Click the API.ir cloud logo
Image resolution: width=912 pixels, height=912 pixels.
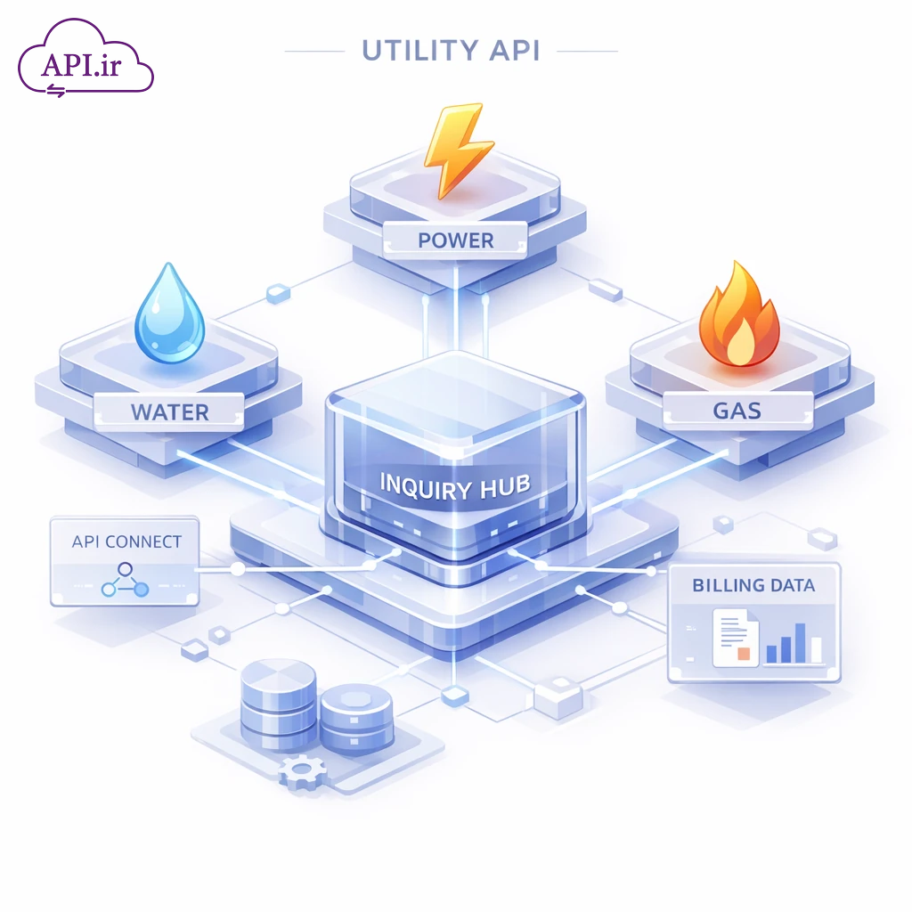pyautogui.click(x=85, y=61)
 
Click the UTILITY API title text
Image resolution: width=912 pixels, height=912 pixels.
pyautogui.click(x=451, y=51)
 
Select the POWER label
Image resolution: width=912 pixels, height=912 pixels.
pyautogui.click(x=455, y=240)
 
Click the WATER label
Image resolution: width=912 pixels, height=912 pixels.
pyautogui.click(x=169, y=412)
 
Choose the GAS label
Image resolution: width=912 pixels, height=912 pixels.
pyautogui.click(x=737, y=411)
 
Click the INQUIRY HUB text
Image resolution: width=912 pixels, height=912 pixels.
pyautogui.click(x=455, y=485)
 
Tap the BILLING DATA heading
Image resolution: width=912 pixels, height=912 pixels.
pyautogui.click(x=753, y=585)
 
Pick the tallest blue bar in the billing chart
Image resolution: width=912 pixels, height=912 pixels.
pyautogui.click(x=800, y=641)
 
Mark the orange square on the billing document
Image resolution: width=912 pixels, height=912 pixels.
pyautogui.click(x=744, y=654)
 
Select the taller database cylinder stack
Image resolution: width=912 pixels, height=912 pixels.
pyautogui.click(x=278, y=704)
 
